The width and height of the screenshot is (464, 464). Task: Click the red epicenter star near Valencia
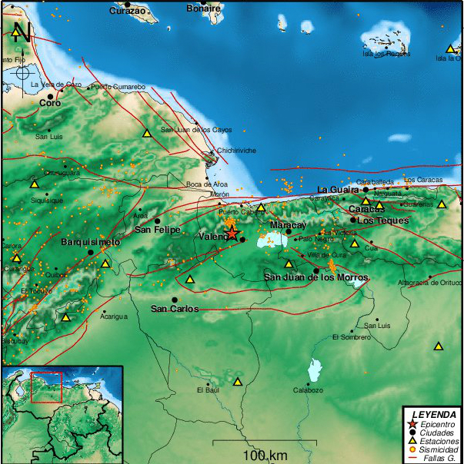click(x=232, y=234)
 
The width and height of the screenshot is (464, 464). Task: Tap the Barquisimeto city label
click(x=91, y=243)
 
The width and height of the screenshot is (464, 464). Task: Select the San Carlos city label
click(x=174, y=309)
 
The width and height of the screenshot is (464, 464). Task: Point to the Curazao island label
click(x=127, y=11)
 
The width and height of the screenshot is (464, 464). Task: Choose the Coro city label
click(x=50, y=102)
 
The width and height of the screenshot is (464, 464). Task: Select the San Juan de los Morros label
click(x=316, y=277)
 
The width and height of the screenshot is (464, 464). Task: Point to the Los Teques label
click(x=376, y=220)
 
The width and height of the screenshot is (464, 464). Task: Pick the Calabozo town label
click(x=308, y=390)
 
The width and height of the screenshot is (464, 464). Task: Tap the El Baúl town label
click(x=208, y=390)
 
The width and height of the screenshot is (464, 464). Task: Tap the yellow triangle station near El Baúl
click(x=238, y=381)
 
